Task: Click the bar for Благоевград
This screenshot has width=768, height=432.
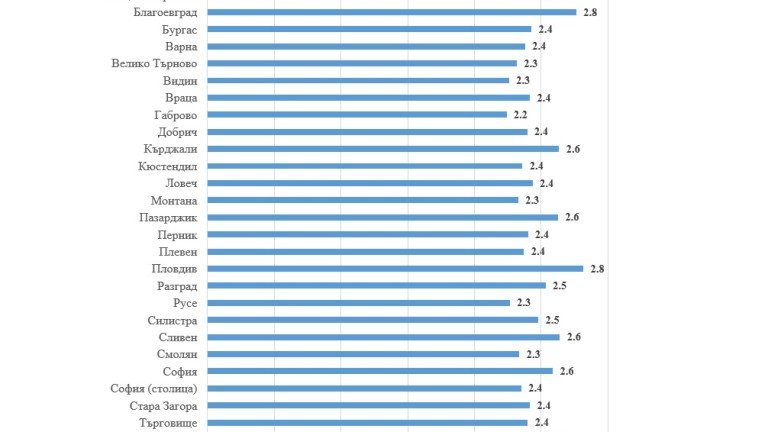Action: pos(391,12)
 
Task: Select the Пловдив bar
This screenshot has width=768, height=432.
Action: pos(395,268)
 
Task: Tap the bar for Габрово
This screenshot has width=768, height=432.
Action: pos(357,115)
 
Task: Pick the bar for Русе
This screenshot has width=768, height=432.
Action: pos(359,302)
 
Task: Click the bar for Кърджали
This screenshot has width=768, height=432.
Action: pos(383,149)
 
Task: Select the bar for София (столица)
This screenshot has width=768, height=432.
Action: pos(364,388)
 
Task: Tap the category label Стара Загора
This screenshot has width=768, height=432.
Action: pos(163,405)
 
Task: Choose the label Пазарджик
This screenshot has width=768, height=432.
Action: pos(167,217)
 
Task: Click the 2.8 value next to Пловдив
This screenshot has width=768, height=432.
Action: pos(597,269)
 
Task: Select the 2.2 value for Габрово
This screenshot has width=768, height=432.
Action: pos(520,115)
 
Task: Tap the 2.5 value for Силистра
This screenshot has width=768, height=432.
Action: pos(552,320)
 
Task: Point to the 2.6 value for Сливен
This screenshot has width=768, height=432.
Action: pos(573,337)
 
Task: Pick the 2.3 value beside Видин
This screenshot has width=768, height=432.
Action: pos(522,81)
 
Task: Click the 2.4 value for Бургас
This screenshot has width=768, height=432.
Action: pos(545,30)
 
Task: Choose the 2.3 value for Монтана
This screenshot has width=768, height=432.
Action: pos(532,200)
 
